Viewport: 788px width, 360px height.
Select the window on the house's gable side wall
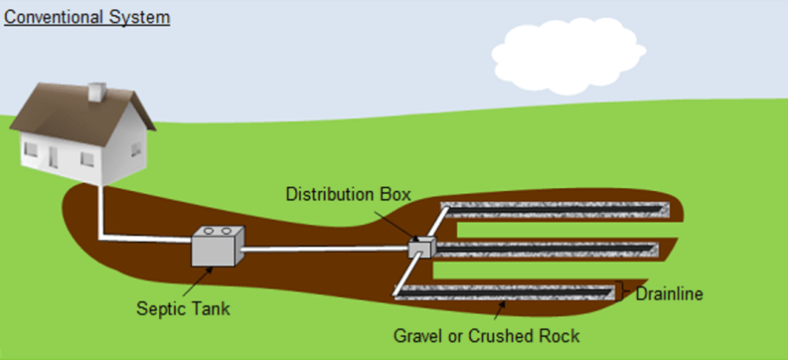pos(135,149)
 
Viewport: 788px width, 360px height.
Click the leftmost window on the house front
pos(31,150)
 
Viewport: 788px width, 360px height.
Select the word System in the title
pos(141,17)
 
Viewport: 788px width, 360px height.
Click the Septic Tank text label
pos(177,308)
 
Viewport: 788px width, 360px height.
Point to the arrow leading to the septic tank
pos(200,283)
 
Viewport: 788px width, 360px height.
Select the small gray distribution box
pos(421,247)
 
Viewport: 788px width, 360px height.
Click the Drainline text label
pos(669,293)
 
